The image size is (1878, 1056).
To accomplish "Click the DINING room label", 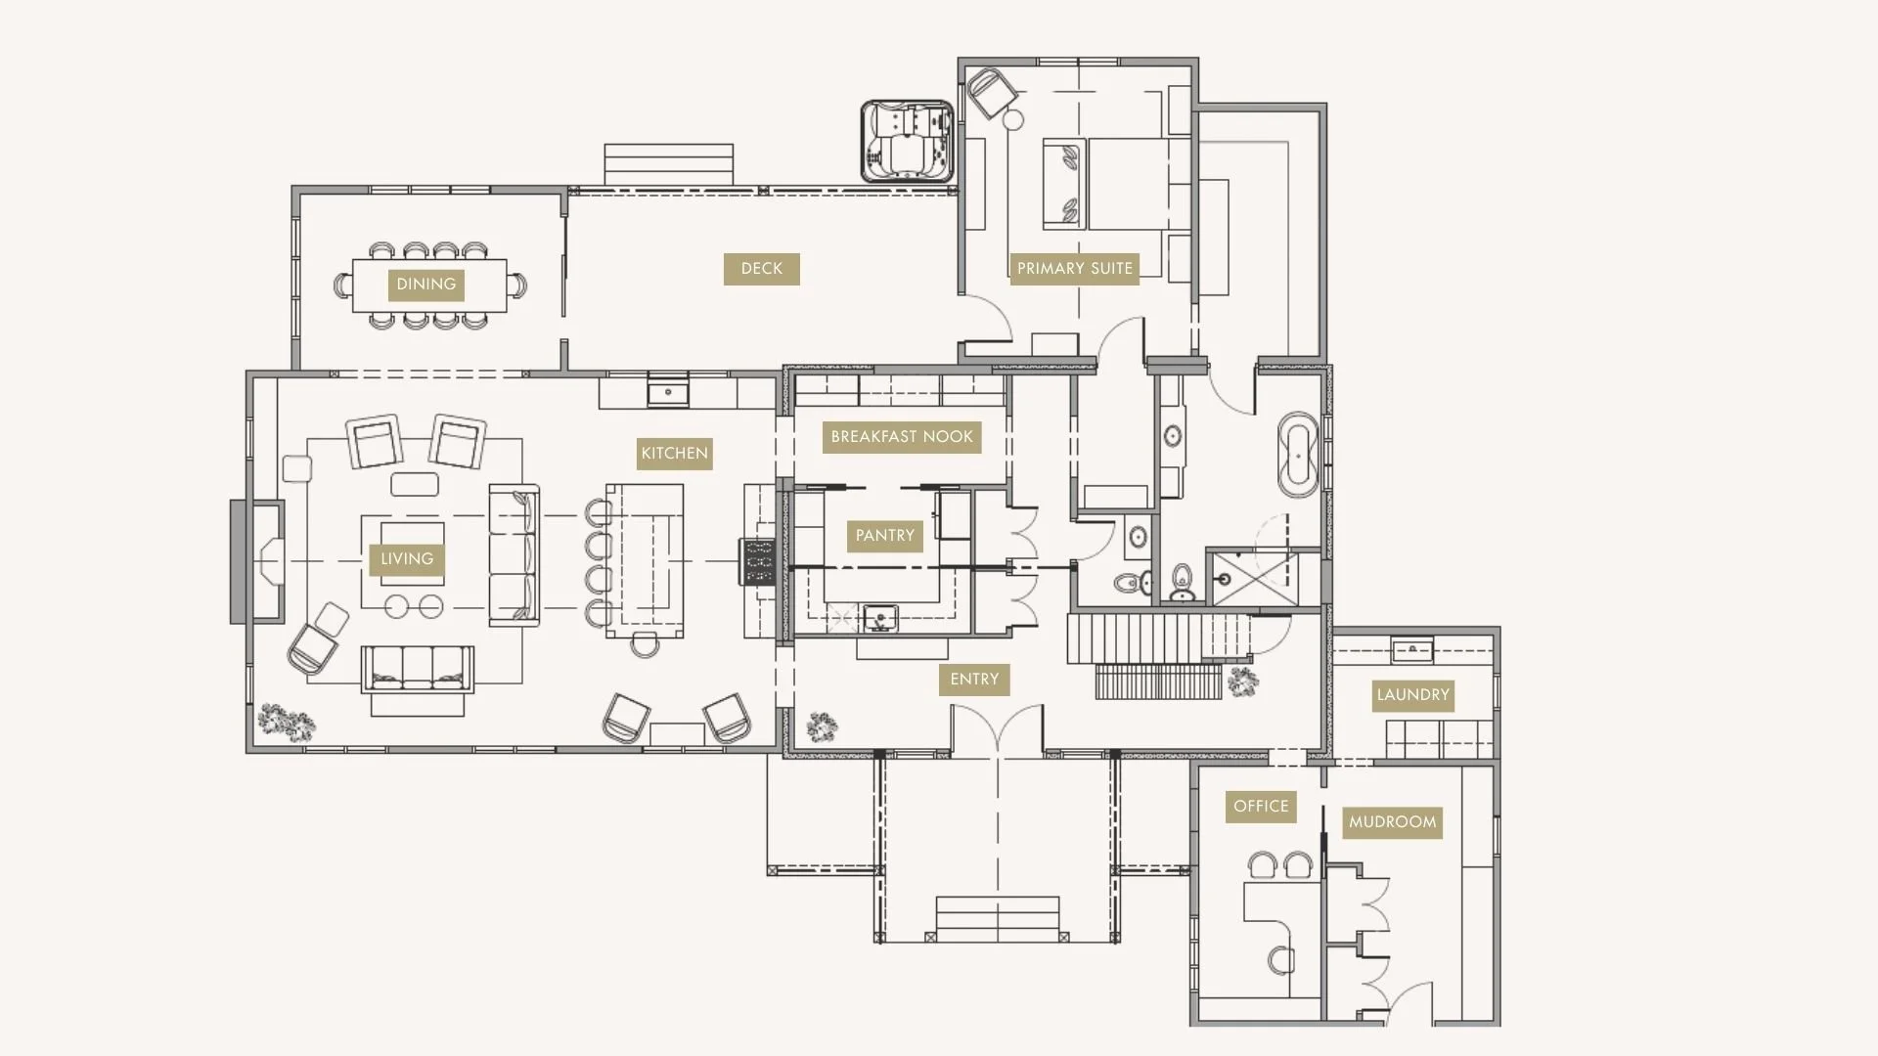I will [x=425, y=285].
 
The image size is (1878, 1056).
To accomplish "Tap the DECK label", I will [x=761, y=269].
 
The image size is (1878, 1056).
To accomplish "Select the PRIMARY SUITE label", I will [x=1074, y=269].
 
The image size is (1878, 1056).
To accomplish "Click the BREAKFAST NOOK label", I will [x=901, y=437].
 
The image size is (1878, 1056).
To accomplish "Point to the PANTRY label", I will [x=884, y=536].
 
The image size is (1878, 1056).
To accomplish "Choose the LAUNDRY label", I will [x=1412, y=695].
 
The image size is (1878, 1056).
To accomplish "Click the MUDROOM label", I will [x=1392, y=822].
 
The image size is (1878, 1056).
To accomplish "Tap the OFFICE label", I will [x=1260, y=807].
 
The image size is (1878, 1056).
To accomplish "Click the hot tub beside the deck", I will [x=907, y=142].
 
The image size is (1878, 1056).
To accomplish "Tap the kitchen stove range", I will [x=758, y=562].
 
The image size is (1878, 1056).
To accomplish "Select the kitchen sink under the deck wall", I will [x=668, y=393].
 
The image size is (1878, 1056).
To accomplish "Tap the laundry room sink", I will [x=1411, y=649].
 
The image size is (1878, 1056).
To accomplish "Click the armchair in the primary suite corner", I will [x=993, y=94].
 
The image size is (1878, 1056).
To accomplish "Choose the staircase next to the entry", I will [x=1159, y=655].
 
